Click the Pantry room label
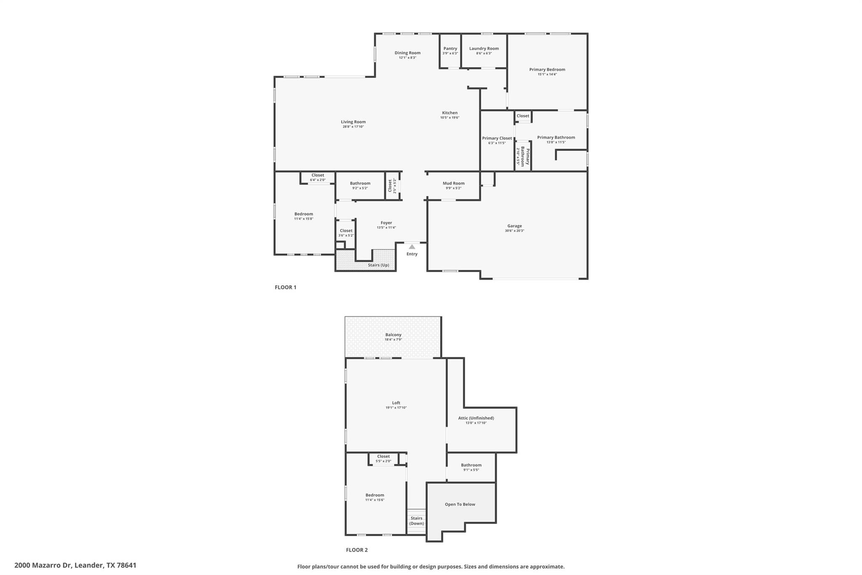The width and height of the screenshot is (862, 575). click(x=450, y=48)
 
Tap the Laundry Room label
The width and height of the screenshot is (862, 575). click(x=484, y=48)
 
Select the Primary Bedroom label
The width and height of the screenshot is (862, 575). click(x=547, y=70)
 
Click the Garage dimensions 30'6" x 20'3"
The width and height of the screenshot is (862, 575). click(x=514, y=231)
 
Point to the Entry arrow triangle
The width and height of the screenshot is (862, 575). click(x=412, y=247)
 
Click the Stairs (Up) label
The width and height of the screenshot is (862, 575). click(x=378, y=265)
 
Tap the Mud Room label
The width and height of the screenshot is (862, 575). click(x=453, y=183)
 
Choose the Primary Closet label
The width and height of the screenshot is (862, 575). click(x=497, y=138)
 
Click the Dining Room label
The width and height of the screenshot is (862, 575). click(x=407, y=53)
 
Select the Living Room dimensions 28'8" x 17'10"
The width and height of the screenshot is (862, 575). click(x=353, y=127)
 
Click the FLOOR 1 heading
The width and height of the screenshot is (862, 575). click(x=285, y=287)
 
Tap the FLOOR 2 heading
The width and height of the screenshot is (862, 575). click(x=357, y=550)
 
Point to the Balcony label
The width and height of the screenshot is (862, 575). click(x=393, y=335)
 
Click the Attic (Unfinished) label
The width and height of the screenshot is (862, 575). click(x=476, y=418)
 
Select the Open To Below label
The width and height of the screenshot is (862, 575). click(x=460, y=504)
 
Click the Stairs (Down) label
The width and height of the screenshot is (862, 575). click(x=416, y=521)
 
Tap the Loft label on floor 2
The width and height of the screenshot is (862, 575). click(x=396, y=403)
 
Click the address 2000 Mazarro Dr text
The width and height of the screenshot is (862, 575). click(x=75, y=565)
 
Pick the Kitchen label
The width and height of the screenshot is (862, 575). click(x=450, y=112)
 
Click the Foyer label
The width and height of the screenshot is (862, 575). click(x=386, y=223)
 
